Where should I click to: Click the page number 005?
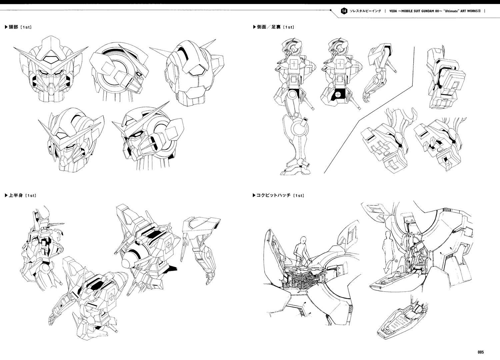click(x=481, y=352)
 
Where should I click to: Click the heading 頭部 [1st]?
click(x=18, y=27)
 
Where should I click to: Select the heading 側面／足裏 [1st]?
click(x=273, y=27)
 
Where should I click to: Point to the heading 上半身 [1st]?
click(x=20, y=195)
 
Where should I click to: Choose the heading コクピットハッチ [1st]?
click(x=278, y=195)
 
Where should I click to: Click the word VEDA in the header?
click(x=393, y=11)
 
